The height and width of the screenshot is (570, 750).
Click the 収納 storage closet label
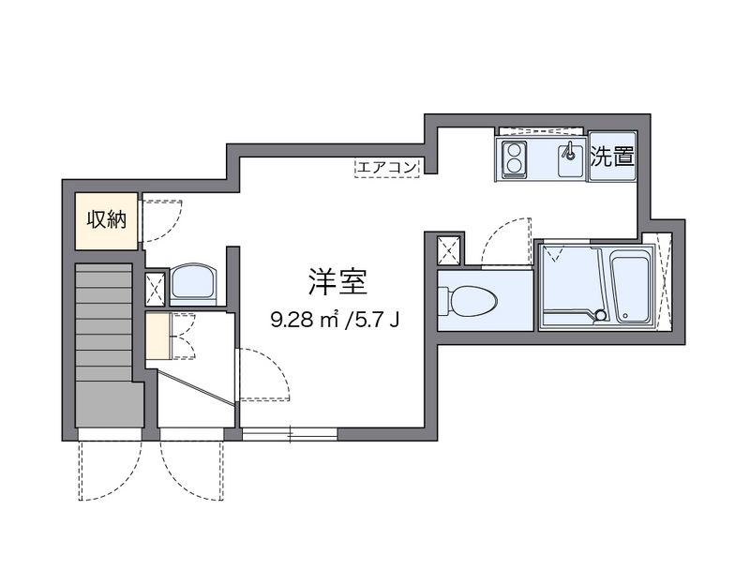(x=107, y=220)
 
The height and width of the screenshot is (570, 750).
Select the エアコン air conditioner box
(x=386, y=168)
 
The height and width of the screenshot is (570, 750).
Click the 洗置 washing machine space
(x=610, y=157)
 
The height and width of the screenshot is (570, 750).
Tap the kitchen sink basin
(x=569, y=160)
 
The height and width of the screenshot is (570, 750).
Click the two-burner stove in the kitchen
(x=514, y=159)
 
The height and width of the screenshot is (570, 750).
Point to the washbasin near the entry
(x=195, y=284)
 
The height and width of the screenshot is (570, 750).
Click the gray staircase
(x=108, y=347)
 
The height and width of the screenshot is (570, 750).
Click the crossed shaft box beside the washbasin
(x=155, y=288)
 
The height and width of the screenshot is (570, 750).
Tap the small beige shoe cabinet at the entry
(x=157, y=337)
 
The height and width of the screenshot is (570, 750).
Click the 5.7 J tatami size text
(x=374, y=321)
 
